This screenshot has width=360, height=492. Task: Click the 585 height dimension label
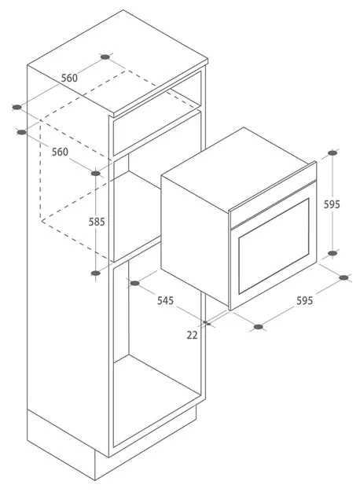pyautogui.click(x=97, y=222)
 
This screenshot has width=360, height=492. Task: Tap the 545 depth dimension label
pyautogui.click(x=165, y=300)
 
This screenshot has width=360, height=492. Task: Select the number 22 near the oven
pyautogui.click(x=192, y=335)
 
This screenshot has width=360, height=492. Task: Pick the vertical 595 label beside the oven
pyautogui.click(x=332, y=204)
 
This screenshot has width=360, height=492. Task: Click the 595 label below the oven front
pyautogui.click(x=305, y=300)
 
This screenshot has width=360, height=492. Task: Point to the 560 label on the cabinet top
pyautogui.click(x=69, y=78)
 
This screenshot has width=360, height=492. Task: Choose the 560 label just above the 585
pyautogui.click(x=60, y=152)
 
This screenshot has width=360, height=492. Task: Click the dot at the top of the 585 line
pyautogui.click(x=96, y=173)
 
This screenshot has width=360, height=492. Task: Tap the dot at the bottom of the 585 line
pyautogui.click(x=96, y=274)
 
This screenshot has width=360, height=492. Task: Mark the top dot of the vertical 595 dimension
pyautogui.click(x=332, y=152)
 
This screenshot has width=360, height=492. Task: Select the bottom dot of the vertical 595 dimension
pyautogui.click(x=332, y=253)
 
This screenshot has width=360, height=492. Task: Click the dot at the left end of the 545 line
pyautogui.click(x=134, y=284)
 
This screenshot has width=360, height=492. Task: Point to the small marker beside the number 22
pyautogui.click(x=207, y=323)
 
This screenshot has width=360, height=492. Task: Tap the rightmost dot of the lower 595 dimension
pyautogui.click(x=344, y=277)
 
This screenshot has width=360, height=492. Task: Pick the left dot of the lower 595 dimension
pyautogui.click(x=259, y=327)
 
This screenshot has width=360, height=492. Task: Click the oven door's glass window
pyautogui.click(x=274, y=246)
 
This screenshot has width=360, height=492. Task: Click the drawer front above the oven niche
pyautogui.click(x=157, y=134)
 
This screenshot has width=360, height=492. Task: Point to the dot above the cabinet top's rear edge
pyautogui.click(x=105, y=57)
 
